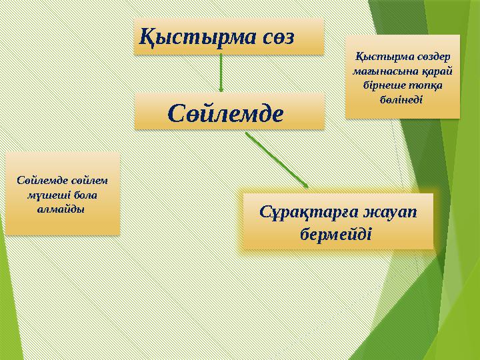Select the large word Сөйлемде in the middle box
[226, 111]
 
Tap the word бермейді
[337, 235]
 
